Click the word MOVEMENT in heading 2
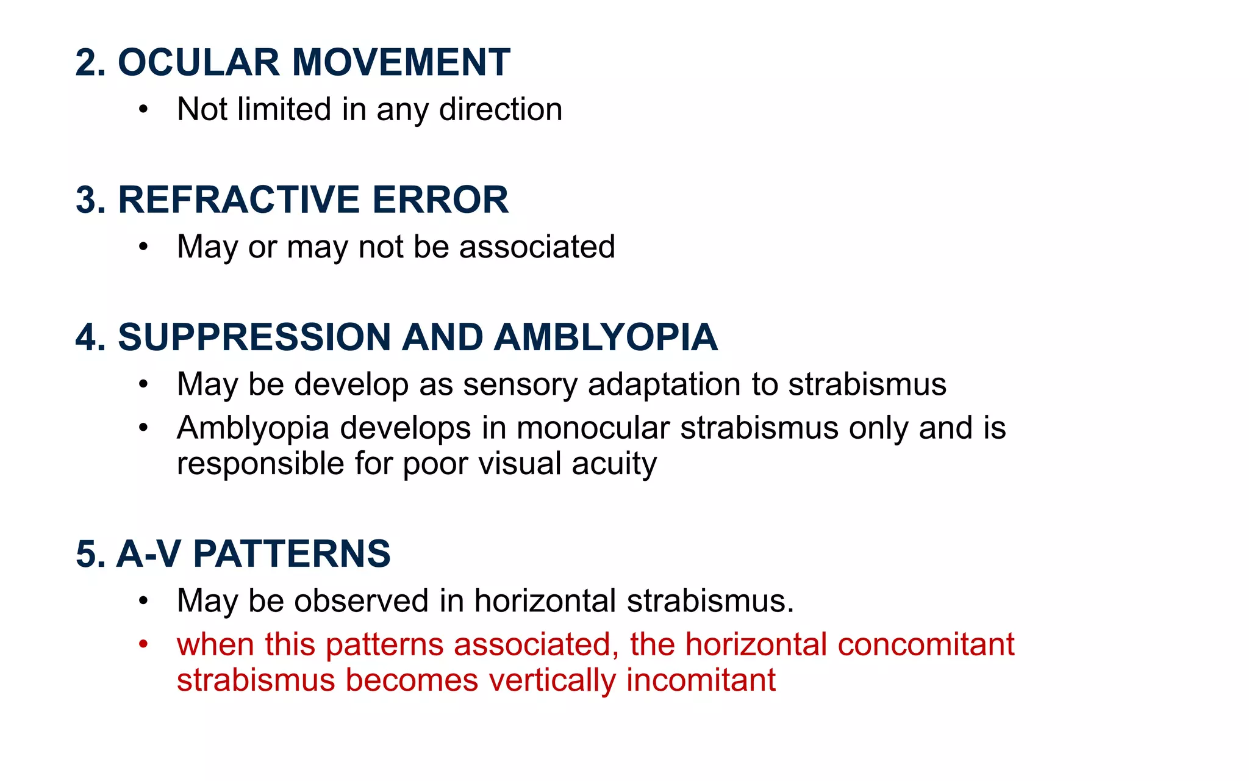pyautogui.click(x=401, y=62)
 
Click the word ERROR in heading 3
pyautogui.click(x=440, y=200)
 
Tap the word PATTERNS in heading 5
pyautogui.click(x=292, y=554)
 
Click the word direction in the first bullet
pyautogui.click(x=500, y=110)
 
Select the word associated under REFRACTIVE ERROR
pyautogui.click(x=537, y=247)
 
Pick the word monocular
pyautogui.click(x=593, y=428)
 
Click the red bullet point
pyautogui.click(x=143, y=644)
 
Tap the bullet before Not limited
pyautogui.click(x=143, y=110)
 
